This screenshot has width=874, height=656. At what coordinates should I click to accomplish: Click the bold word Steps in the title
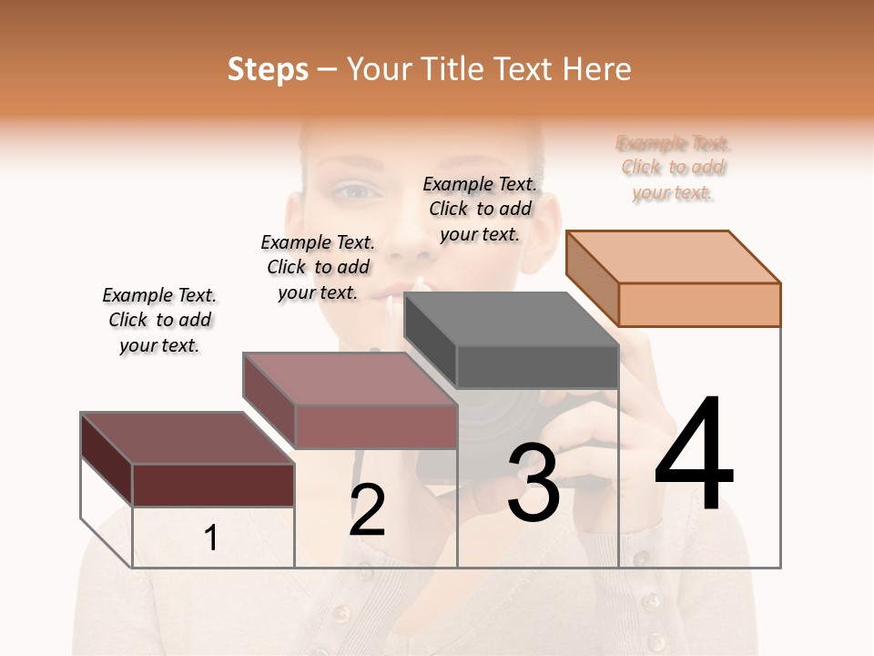268,69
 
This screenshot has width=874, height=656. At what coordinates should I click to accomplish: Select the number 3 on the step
533,483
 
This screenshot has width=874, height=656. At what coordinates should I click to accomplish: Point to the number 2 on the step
367,510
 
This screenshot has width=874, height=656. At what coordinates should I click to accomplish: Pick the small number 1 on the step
211,538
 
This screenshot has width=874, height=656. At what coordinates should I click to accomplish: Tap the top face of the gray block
512,319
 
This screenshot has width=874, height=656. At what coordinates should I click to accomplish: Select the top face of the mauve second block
350,379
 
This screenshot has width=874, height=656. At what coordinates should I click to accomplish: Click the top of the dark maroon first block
188,438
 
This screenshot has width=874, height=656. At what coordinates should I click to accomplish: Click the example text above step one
159,320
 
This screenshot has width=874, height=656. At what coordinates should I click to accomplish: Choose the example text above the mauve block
318,267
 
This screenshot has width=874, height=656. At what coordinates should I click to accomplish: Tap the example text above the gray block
480,209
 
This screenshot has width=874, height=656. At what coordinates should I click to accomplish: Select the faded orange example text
673,168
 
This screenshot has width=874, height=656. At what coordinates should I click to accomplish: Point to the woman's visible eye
353,191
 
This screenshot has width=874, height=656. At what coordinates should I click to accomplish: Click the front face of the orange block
699,304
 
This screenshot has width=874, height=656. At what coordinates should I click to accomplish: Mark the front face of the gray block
537,367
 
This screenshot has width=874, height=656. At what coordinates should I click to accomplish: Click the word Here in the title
596,69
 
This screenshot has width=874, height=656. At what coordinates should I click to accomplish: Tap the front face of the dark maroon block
213,485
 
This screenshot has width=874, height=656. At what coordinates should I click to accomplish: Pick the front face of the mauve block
375,426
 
